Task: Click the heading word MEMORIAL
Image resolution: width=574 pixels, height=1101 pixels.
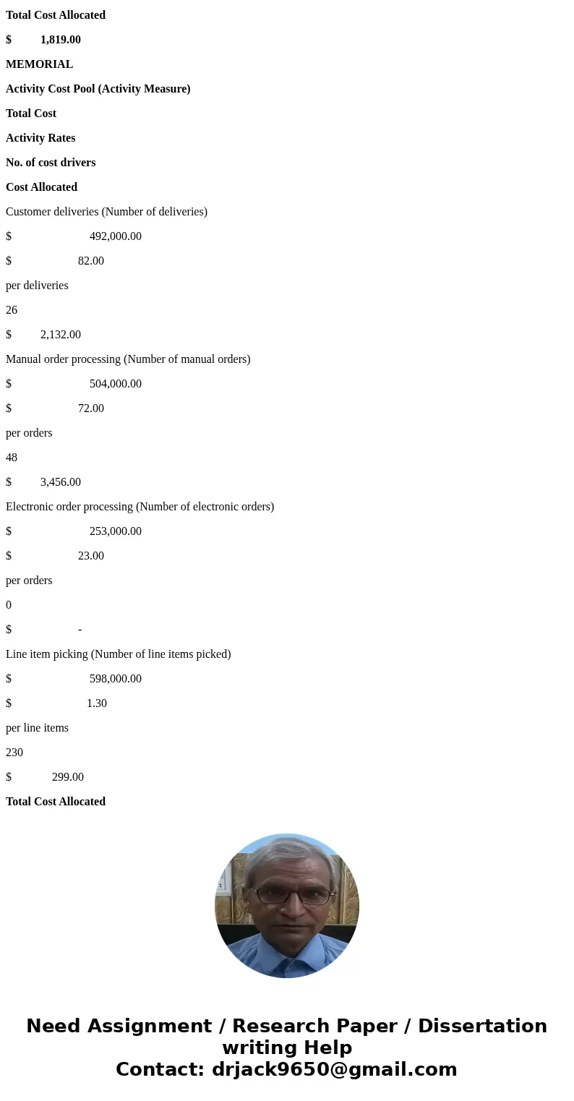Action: tap(39, 64)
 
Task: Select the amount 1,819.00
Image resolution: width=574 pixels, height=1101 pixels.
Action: tap(61, 40)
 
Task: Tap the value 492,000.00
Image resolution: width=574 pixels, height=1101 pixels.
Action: tap(116, 236)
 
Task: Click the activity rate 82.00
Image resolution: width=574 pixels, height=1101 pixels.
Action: tap(91, 261)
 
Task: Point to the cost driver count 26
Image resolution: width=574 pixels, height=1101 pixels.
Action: tap(12, 310)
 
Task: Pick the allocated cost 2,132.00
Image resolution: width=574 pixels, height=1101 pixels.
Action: tap(61, 335)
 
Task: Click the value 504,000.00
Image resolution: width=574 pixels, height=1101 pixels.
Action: tap(116, 384)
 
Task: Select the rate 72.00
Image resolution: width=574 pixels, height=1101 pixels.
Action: tap(91, 408)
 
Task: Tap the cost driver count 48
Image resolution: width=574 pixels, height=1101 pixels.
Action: tap(12, 458)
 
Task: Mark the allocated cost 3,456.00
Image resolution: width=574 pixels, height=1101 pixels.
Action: tap(61, 482)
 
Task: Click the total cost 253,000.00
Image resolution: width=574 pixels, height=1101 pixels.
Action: tap(116, 531)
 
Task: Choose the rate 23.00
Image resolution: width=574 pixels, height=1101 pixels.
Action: tap(91, 556)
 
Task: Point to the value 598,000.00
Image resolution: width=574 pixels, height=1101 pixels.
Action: tap(116, 679)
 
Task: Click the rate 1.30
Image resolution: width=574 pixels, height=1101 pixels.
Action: tap(97, 703)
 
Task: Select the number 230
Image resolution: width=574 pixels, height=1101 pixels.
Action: tap(14, 753)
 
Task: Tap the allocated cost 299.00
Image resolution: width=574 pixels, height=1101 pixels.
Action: tap(68, 777)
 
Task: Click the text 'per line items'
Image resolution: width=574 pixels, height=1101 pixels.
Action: tap(37, 728)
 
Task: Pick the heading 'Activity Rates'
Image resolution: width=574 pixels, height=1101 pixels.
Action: tap(40, 138)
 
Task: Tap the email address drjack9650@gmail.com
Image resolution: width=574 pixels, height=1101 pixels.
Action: tap(334, 1069)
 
